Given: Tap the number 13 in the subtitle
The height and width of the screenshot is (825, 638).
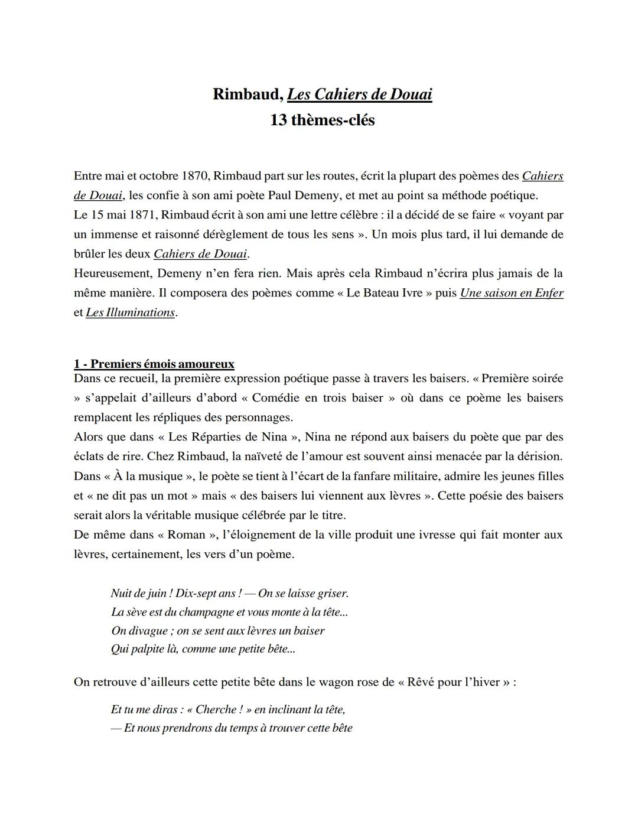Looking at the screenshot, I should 278,120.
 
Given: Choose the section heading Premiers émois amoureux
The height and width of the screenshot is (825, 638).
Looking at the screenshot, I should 154,364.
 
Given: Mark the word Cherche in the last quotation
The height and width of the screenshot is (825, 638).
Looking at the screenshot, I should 217,710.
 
